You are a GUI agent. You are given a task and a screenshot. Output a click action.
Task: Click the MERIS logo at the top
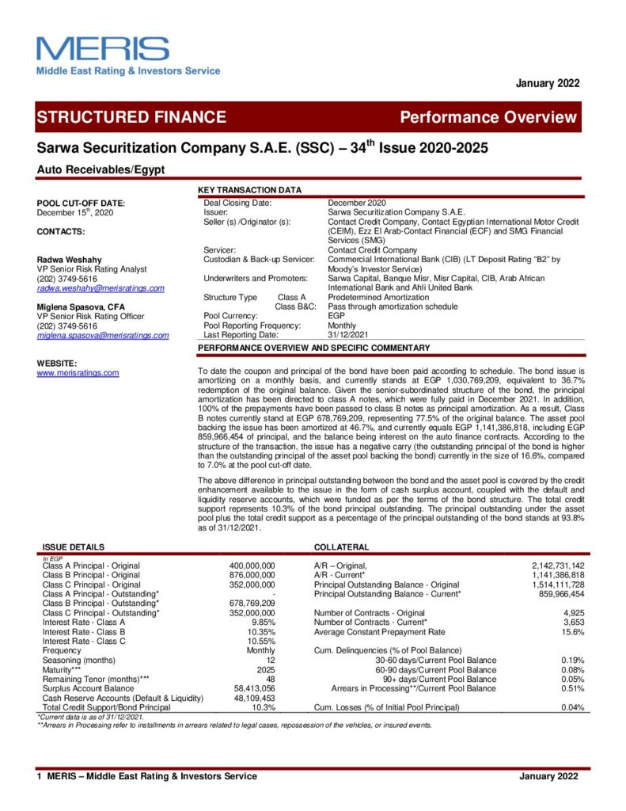tap(103, 49)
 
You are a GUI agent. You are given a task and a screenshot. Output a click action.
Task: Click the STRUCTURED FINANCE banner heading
tap(131, 117)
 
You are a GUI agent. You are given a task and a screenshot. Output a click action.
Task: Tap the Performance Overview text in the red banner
tap(488, 117)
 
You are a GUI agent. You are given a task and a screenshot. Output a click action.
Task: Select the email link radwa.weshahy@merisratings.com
tap(101, 288)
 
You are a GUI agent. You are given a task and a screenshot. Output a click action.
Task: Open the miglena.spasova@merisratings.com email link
tap(103, 335)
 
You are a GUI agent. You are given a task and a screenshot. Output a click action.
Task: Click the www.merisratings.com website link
tap(78, 372)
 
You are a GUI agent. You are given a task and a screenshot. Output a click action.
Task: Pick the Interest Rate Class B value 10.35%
tap(260, 632)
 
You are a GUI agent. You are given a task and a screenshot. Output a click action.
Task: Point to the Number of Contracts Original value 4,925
tap(571, 613)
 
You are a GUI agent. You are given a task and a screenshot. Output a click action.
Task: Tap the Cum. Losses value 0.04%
tap(572, 706)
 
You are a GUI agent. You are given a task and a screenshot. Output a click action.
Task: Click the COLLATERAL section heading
tap(341, 546)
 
